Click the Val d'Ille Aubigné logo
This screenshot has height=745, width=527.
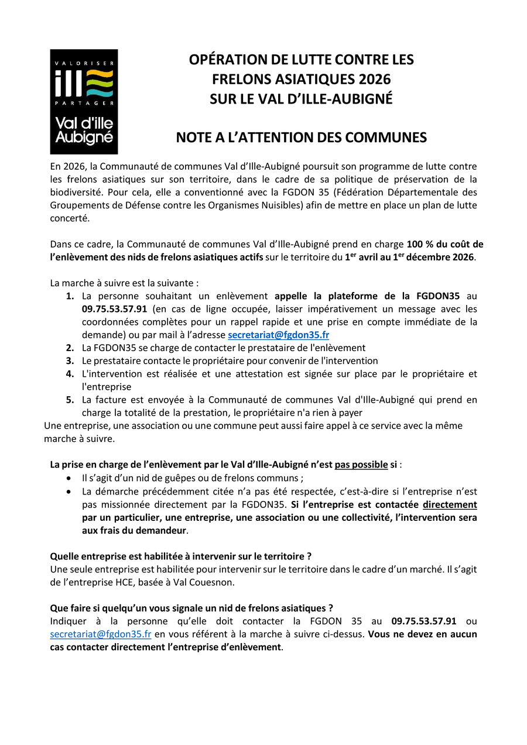84,101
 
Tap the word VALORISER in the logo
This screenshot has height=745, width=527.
84,62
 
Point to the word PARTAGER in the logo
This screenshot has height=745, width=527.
84,103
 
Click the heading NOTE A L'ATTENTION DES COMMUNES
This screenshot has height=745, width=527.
301,138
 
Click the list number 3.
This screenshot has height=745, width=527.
70,361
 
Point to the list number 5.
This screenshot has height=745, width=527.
70,400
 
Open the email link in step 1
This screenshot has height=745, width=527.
278,335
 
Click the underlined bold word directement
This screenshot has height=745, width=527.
450,504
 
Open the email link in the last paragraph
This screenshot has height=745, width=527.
101,634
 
